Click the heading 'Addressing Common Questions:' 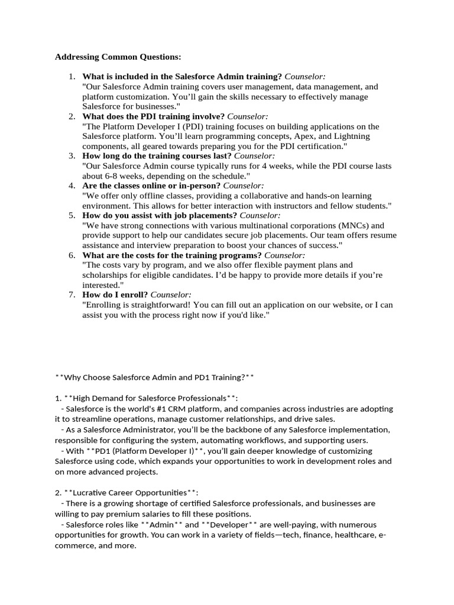[x=118, y=57]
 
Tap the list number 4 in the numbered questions [x=72, y=186]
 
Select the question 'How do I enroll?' [x=115, y=295]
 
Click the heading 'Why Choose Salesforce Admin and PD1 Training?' [x=154, y=377]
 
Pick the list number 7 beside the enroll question [x=72, y=295]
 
